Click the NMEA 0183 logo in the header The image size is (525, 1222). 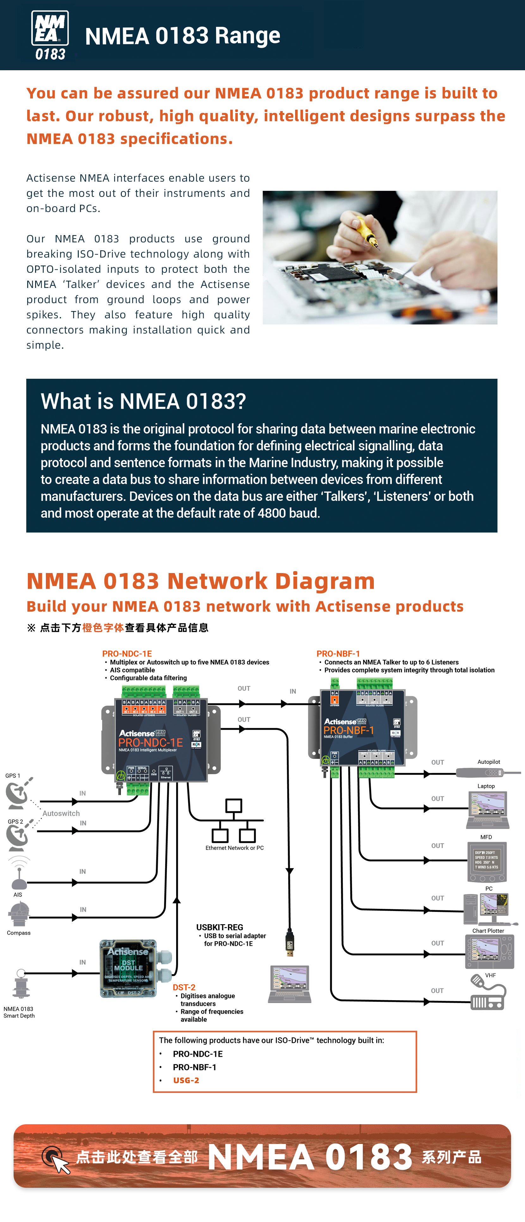click(50, 35)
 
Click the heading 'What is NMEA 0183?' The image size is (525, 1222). click(143, 401)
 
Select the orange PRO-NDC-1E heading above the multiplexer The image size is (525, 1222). click(127, 654)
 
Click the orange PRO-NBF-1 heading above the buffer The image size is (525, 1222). click(338, 654)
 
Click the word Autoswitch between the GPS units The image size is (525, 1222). click(61, 813)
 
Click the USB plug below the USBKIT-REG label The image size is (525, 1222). click(290, 942)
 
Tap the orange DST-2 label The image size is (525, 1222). click(184, 987)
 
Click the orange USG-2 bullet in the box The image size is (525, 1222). click(186, 1080)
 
